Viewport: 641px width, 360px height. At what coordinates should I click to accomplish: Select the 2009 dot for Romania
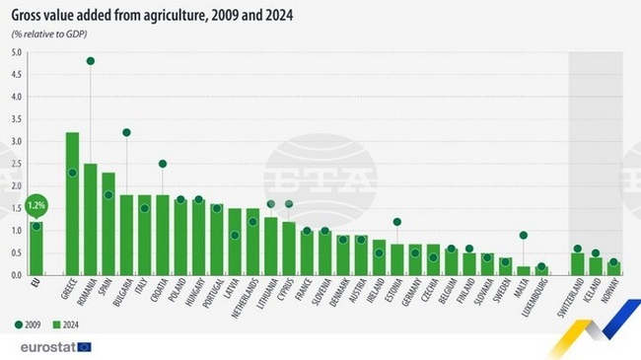tap(90, 61)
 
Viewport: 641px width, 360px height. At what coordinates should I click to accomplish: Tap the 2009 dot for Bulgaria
tap(126, 132)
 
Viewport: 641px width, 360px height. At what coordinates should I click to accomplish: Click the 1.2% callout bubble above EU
tap(36, 206)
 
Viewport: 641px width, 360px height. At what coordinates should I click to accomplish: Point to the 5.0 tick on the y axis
tap(17, 52)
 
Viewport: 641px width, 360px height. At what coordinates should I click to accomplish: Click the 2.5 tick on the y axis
tap(17, 164)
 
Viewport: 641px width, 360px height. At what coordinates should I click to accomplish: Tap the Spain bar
tap(108, 223)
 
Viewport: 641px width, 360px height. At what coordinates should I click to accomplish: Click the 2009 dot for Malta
tap(523, 235)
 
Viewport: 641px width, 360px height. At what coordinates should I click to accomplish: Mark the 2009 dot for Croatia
tap(163, 164)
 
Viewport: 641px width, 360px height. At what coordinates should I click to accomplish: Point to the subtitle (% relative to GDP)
tap(49, 35)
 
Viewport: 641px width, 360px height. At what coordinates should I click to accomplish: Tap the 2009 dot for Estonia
tap(396, 222)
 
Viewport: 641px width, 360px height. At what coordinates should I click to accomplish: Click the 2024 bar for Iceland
tap(595, 265)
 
